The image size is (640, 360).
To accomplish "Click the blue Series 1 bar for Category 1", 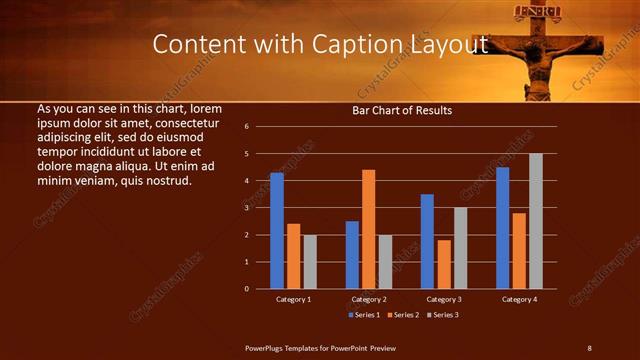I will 277,231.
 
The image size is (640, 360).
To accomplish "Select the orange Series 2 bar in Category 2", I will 369,229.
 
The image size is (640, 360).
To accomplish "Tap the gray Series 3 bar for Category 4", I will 536,221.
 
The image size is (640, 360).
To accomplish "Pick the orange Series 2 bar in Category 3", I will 444,264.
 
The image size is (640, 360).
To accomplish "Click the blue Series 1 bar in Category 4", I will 502,228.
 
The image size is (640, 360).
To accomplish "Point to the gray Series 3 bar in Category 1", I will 310,262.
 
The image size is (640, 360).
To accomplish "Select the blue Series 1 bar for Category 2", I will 352,255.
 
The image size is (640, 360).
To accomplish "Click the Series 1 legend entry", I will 363,315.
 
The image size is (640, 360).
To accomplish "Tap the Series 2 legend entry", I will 404,315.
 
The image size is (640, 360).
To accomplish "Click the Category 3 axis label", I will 443,299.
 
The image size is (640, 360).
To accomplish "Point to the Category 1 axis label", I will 293,299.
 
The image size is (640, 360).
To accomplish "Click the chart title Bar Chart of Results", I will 402,110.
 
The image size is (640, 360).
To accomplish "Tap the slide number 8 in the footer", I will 590,347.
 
